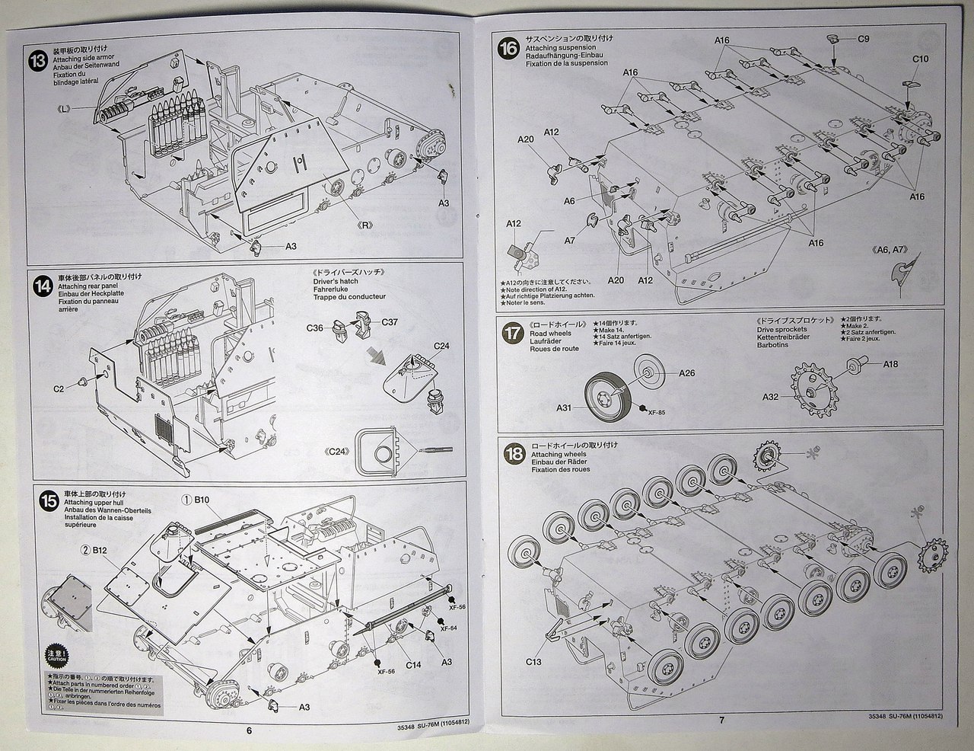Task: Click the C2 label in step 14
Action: [59, 388]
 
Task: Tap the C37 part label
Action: [389, 321]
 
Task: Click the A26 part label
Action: [686, 373]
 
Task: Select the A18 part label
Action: [890, 364]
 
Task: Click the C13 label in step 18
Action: [533, 661]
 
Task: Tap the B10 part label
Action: [201, 500]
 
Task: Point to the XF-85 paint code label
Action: [656, 412]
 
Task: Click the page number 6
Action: [249, 730]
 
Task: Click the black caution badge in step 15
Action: [53, 656]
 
